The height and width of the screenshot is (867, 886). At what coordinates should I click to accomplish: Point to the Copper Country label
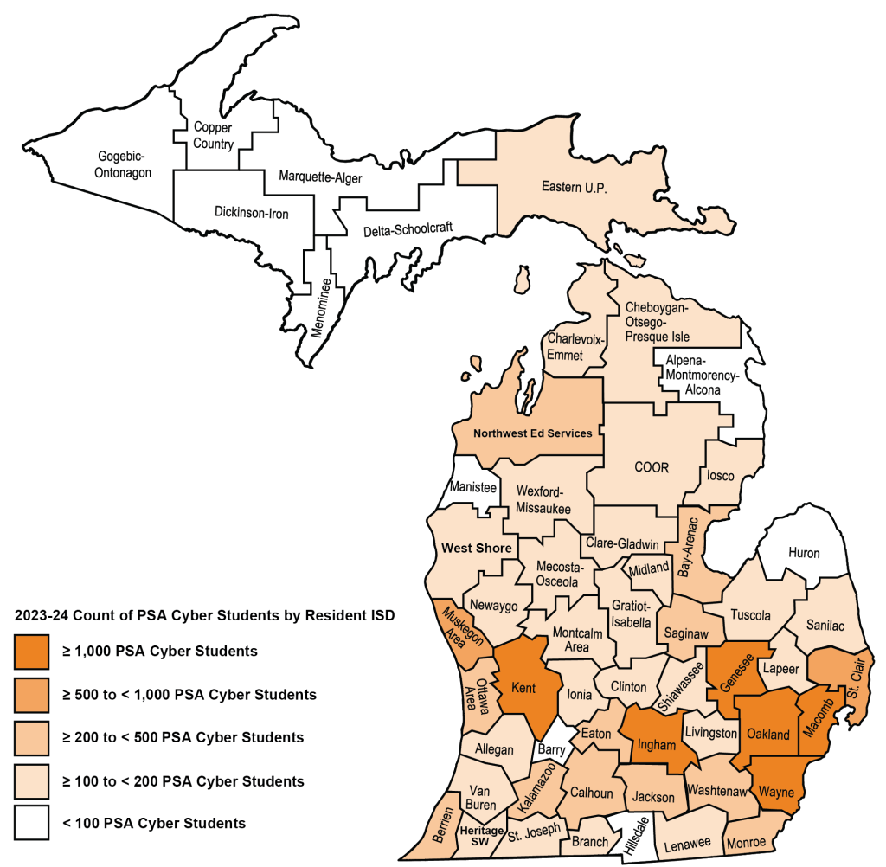tap(213, 135)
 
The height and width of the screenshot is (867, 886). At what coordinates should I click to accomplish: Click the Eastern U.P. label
tap(574, 186)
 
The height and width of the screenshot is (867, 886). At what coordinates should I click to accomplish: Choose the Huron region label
tap(803, 553)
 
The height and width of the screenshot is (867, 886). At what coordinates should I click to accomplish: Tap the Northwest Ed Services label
tap(532, 433)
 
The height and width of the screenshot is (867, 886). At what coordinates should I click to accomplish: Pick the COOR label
tap(652, 467)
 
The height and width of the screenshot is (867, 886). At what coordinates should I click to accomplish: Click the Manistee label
tap(473, 487)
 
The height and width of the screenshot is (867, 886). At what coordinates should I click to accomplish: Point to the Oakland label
tap(767, 735)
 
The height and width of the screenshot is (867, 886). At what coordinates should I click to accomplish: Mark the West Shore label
tap(477, 548)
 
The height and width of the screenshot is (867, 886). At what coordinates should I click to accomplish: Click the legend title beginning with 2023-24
tap(205, 616)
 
